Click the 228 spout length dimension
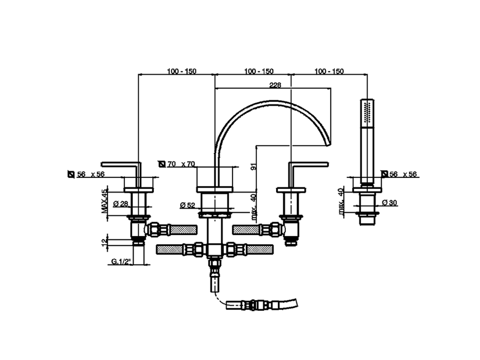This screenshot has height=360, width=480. click(275, 85)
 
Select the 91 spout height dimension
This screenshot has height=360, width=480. click(254, 166)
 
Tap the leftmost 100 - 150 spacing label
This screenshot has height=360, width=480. click(181, 71)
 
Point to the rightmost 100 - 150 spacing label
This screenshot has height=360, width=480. click(329, 71)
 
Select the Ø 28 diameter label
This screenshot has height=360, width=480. click(120, 204)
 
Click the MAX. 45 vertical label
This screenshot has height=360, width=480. click(105, 201)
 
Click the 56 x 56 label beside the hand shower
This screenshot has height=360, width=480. click(403, 174)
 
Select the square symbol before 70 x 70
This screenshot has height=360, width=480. click(162, 164)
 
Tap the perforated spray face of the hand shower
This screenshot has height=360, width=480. click(367, 111)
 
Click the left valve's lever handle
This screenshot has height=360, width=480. click(120, 163)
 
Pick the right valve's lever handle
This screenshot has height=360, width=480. click(309, 163)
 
